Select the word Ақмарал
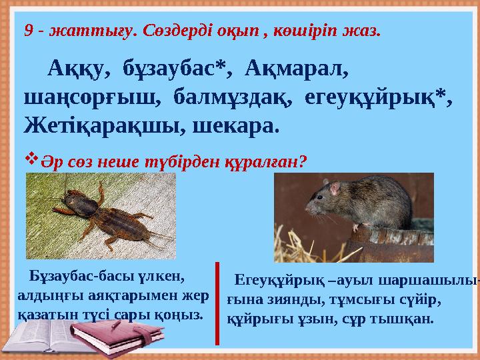pos(293,69)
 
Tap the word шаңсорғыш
pos(92,97)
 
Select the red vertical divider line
pos(217,303)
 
